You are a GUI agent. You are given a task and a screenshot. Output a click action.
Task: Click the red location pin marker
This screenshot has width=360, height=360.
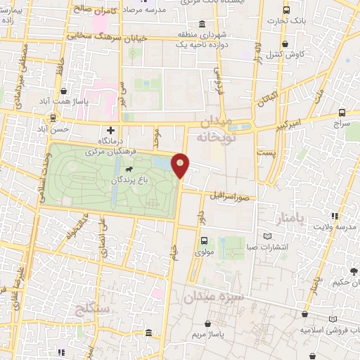[181, 165]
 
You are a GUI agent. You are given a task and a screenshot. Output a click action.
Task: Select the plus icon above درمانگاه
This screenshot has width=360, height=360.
[110, 130]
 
